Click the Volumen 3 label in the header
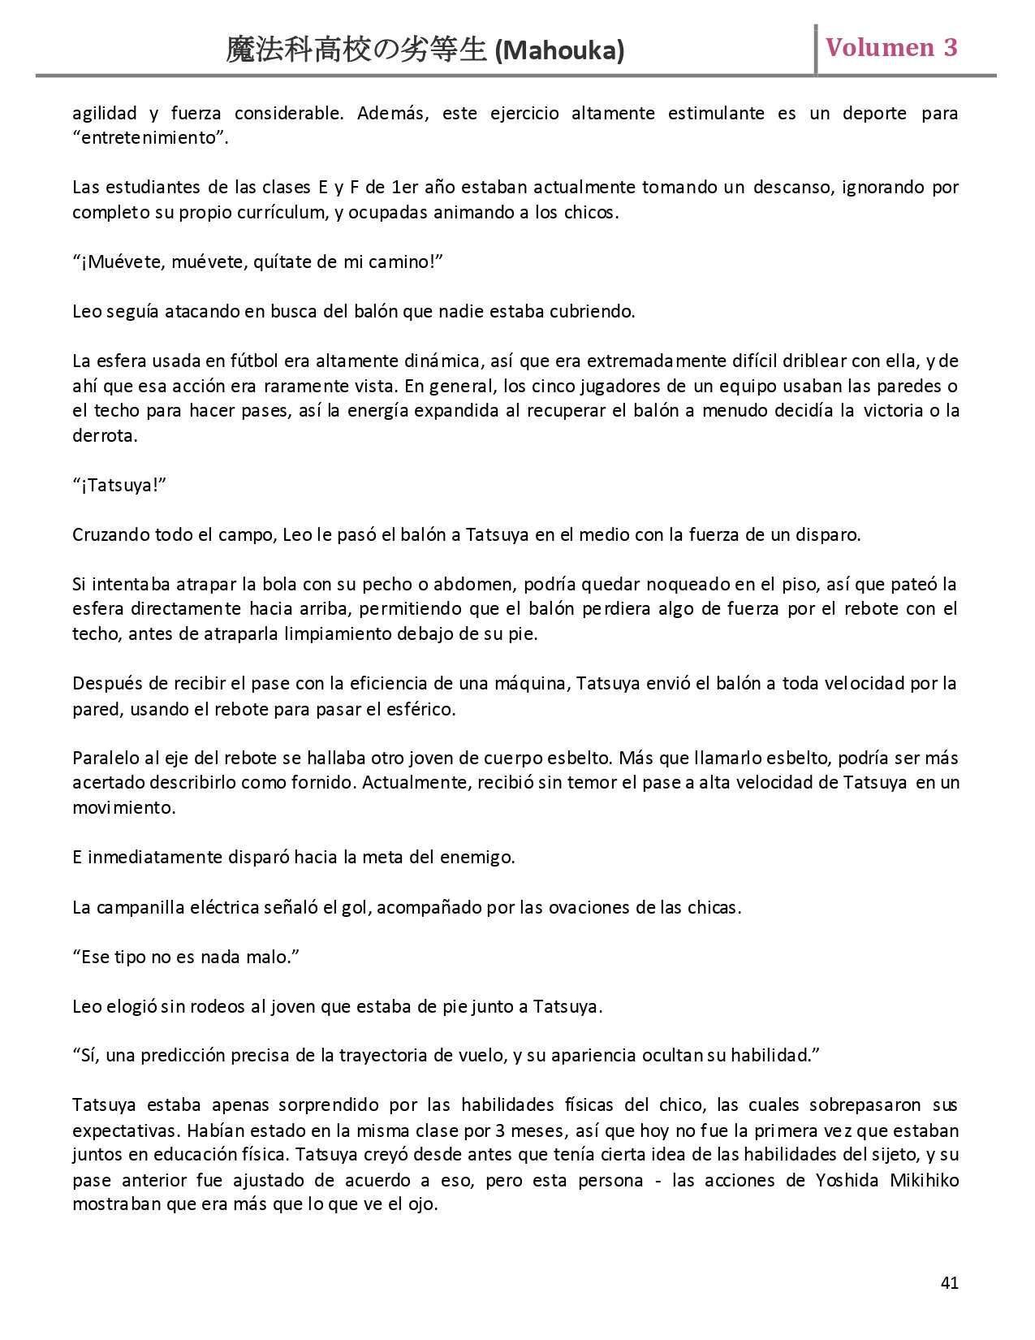point(891,47)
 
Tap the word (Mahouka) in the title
point(559,51)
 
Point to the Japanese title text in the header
point(356,51)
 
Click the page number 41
point(949,1282)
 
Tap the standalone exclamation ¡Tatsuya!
point(119,485)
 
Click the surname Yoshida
point(847,1179)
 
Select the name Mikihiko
point(925,1179)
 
